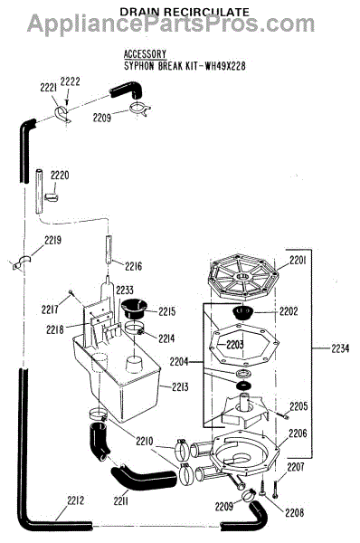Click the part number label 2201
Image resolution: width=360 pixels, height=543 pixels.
(x=298, y=261)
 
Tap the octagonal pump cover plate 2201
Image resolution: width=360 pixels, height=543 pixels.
(x=243, y=276)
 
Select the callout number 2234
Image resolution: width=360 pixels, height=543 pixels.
(x=340, y=348)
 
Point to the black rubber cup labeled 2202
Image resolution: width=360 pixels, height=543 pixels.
(x=243, y=313)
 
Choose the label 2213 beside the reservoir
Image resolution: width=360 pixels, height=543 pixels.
(x=180, y=386)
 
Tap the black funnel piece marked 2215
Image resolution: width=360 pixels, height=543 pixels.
(x=134, y=309)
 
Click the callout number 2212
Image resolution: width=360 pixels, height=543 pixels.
(x=76, y=500)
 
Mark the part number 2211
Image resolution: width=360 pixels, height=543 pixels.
(x=121, y=500)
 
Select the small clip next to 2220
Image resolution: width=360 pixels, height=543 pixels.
(x=52, y=197)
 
